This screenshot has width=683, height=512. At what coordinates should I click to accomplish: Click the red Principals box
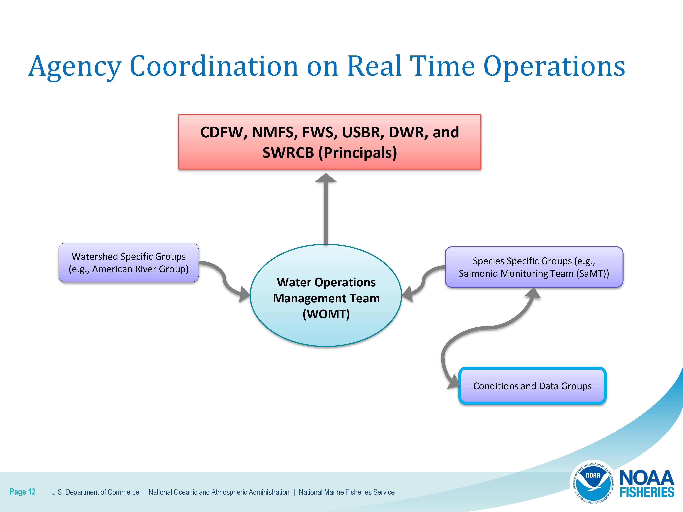click(330, 142)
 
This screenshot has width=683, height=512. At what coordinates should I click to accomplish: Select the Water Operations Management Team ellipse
click(326, 295)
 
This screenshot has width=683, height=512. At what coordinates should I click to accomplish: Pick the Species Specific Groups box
click(534, 267)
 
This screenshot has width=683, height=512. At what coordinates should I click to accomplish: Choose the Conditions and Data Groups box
click(532, 386)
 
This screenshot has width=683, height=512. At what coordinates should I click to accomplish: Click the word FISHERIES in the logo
click(647, 492)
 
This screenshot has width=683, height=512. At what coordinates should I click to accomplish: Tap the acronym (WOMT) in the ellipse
click(326, 314)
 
